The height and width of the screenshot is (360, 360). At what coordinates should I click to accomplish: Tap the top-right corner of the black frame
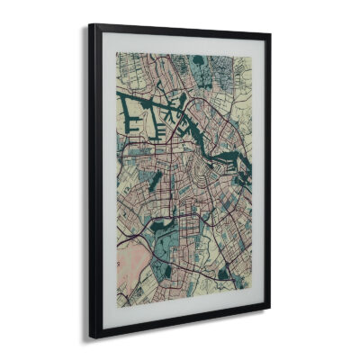tap(271, 36)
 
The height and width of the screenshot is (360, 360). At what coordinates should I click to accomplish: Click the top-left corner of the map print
tap(116, 51)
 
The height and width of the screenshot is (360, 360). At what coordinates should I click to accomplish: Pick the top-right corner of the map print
tap(248, 58)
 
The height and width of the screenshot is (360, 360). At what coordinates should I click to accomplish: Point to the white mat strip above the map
tap(180, 44)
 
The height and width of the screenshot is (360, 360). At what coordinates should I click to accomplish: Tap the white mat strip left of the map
tap(108, 180)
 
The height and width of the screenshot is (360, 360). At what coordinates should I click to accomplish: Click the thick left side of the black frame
tap(94, 180)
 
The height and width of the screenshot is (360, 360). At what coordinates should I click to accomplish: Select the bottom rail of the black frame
tap(180, 325)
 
